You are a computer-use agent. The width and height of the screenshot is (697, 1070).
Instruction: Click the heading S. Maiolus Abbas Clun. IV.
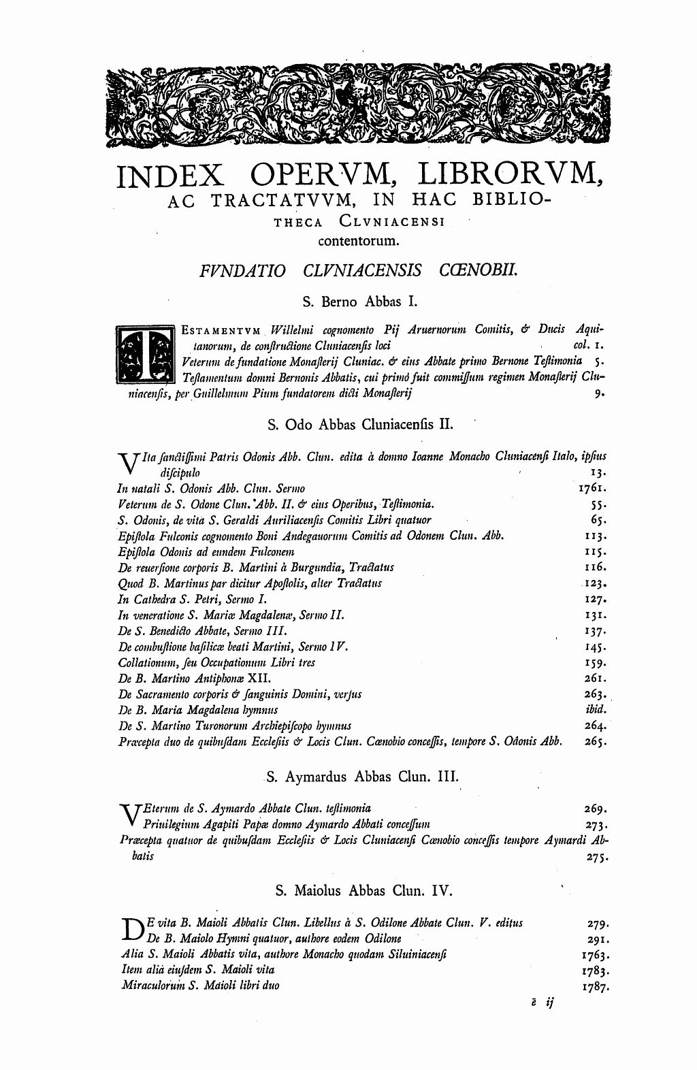(x=355, y=891)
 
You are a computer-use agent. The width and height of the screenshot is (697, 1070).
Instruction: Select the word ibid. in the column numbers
(x=596, y=709)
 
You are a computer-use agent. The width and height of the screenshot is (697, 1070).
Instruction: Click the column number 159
(x=596, y=662)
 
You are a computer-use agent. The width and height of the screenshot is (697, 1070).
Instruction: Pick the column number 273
(x=596, y=825)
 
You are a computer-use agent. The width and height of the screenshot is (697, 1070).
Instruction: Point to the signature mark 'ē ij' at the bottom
(x=543, y=1005)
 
